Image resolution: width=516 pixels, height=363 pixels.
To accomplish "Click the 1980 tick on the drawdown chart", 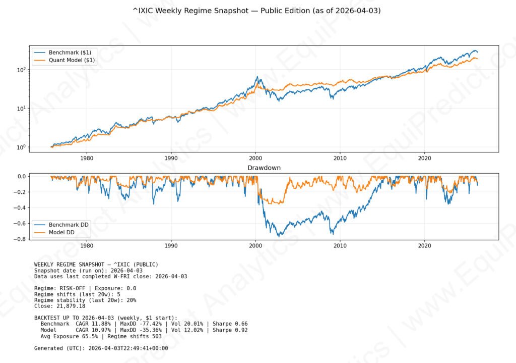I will click(x=86, y=245).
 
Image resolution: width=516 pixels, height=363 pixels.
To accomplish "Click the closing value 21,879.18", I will click(x=72, y=306).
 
